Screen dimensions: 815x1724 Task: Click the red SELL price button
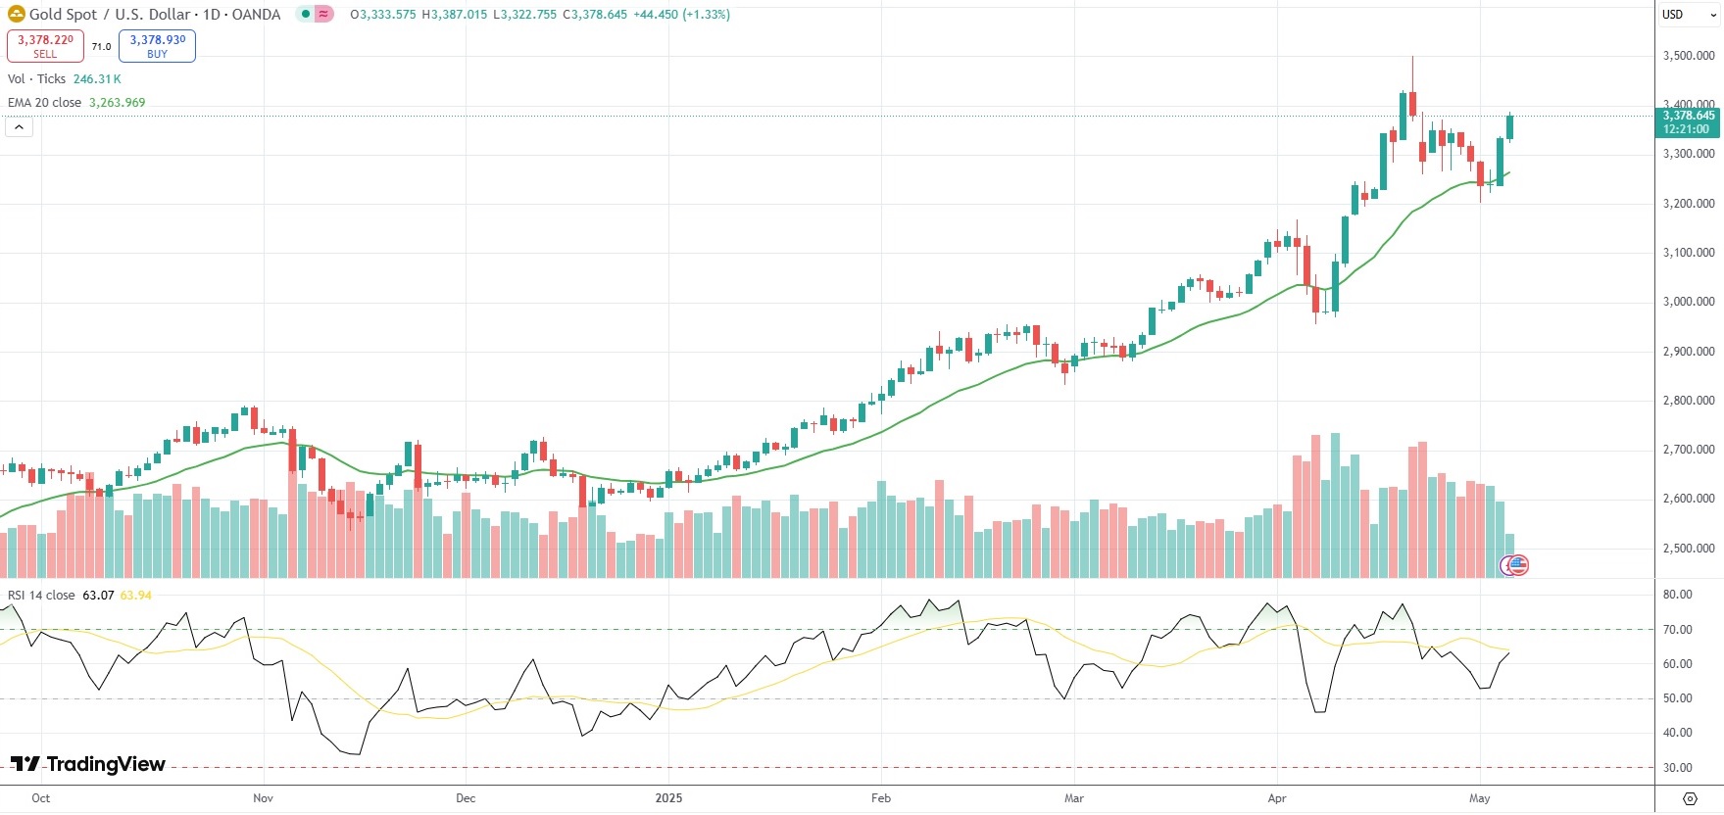pyautogui.click(x=45, y=45)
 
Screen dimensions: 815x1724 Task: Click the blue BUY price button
pyautogui.click(x=157, y=45)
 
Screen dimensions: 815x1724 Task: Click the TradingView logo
pyautogui.click(x=88, y=764)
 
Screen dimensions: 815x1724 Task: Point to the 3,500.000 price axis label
pyautogui.click(x=1689, y=56)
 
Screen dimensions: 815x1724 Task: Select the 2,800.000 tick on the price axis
pyautogui.click(x=1689, y=401)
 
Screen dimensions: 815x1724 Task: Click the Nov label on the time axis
pyautogui.click(x=263, y=798)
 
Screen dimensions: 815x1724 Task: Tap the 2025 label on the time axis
pyautogui.click(x=668, y=798)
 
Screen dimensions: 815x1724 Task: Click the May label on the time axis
pyautogui.click(x=1479, y=798)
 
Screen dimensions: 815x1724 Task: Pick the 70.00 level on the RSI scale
pyautogui.click(x=1677, y=630)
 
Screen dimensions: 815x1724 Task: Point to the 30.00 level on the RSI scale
pyautogui.click(x=1677, y=768)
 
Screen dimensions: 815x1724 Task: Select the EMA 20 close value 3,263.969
pyautogui.click(x=117, y=103)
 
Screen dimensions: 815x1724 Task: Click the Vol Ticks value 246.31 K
pyautogui.click(x=97, y=79)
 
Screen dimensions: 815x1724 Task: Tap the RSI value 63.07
pyautogui.click(x=98, y=596)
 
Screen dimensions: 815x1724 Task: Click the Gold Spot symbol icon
pyautogui.click(x=16, y=14)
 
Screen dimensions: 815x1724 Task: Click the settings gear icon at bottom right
pyautogui.click(x=1690, y=798)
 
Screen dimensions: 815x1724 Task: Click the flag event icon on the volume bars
pyautogui.click(x=1515, y=565)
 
